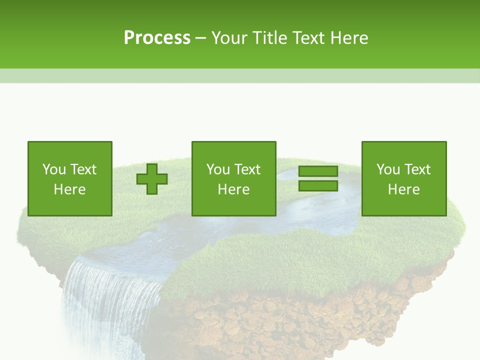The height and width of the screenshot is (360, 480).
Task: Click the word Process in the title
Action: (x=157, y=38)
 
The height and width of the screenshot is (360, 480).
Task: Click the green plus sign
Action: (x=152, y=179)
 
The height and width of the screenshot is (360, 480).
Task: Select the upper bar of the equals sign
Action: (x=318, y=171)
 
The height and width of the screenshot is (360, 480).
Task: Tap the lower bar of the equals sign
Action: (x=318, y=185)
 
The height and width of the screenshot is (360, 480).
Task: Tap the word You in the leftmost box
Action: (x=54, y=169)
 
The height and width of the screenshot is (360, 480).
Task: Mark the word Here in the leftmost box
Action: (x=70, y=189)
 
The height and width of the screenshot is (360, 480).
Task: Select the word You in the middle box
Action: (x=218, y=169)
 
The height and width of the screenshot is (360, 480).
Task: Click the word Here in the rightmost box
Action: (x=403, y=189)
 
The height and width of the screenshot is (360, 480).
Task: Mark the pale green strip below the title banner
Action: (x=240, y=75)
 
